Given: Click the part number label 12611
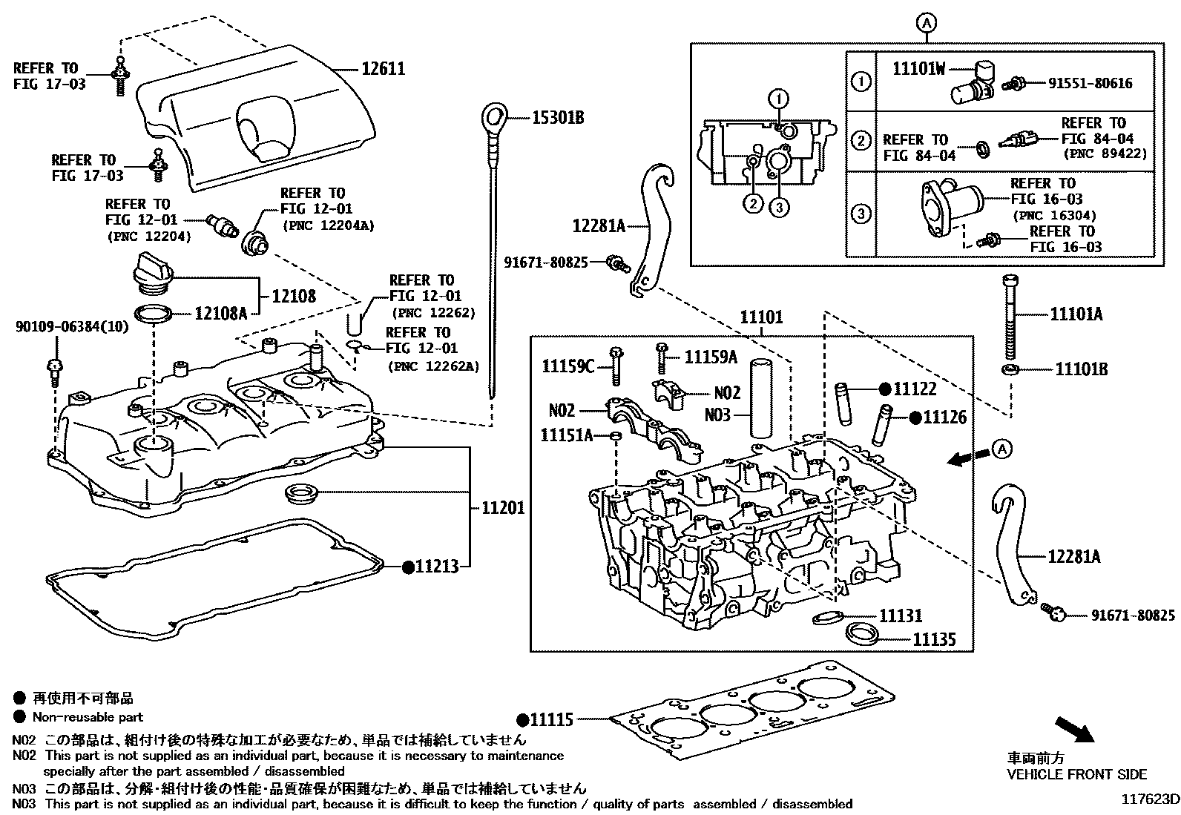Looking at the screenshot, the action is coord(384,69).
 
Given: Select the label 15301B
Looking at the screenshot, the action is coord(558,118).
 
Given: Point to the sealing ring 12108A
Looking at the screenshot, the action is coord(154,314).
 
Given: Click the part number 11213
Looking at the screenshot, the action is coord(437,567).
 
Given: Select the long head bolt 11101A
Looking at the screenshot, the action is coord(1009,317).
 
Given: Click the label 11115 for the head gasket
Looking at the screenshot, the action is coord(551,719).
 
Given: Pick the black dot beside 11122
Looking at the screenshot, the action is coord(885,389).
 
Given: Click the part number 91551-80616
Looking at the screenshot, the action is coord(1090,83).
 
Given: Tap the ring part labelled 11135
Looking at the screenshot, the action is coord(863,633).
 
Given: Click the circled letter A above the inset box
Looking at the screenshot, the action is coord(926,23).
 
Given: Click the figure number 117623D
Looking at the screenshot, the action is coord(1150,799).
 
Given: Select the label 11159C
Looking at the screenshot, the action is coord(568,366).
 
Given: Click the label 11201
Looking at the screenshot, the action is coord(504,508).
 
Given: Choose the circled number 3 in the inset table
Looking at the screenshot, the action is coord(861,214).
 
